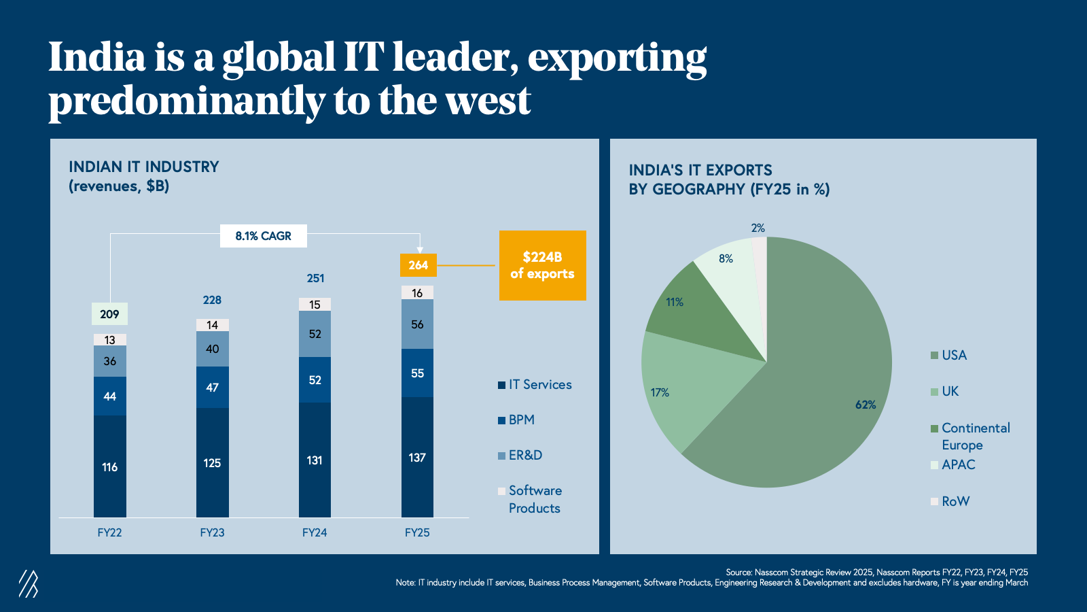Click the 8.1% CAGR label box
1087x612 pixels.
(x=264, y=236)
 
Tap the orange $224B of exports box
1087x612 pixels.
(x=542, y=265)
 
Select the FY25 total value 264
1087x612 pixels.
(x=418, y=265)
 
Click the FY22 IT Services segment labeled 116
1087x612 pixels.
(x=110, y=466)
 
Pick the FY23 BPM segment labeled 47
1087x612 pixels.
(x=212, y=387)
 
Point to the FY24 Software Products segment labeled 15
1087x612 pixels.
(x=315, y=305)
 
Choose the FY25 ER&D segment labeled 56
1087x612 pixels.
(x=417, y=324)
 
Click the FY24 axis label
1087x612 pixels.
(x=315, y=532)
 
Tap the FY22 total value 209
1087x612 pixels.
(x=109, y=314)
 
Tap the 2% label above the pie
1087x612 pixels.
(x=758, y=228)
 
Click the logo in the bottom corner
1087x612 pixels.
(x=29, y=583)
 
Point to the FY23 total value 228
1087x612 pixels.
(x=212, y=300)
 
